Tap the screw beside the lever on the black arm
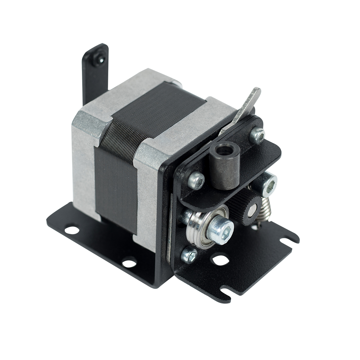tap(257, 135)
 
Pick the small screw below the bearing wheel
tap(188, 255)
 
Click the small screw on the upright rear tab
tap(99, 59)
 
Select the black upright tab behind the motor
tap(93, 76)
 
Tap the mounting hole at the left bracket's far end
tap(72, 229)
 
